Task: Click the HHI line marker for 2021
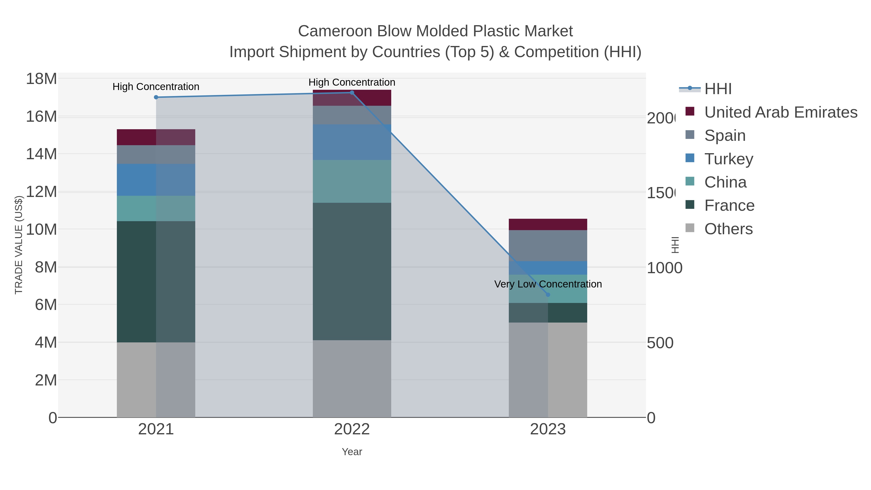(x=156, y=97)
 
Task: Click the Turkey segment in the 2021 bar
(x=156, y=180)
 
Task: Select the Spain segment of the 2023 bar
(x=548, y=246)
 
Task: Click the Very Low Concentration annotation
(x=548, y=284)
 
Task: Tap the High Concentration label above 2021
(x=156, y=87)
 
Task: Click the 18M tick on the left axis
(x=41, y=79)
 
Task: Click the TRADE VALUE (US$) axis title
(x=19, y=245)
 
